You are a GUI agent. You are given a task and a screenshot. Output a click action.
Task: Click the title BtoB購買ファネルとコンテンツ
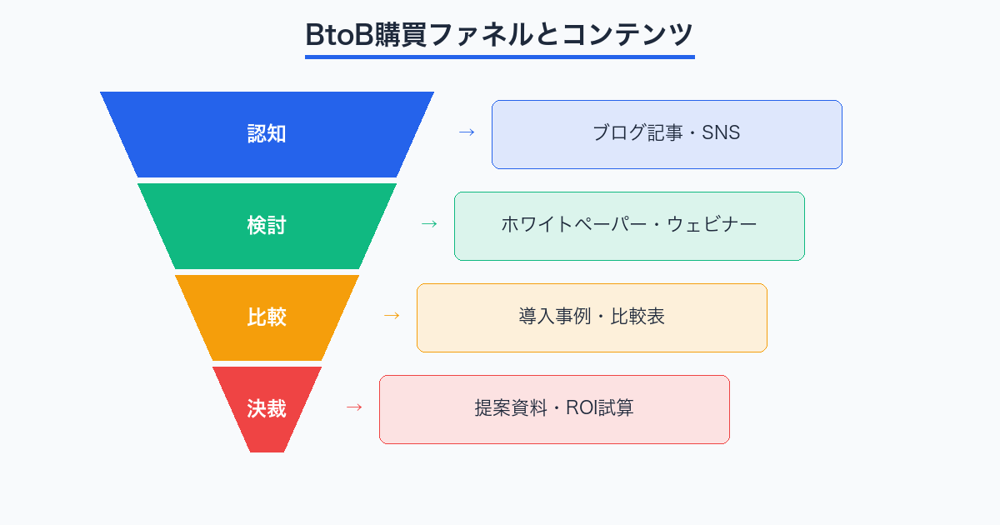[499, 35]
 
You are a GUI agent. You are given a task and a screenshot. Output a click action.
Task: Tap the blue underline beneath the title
[499, 57]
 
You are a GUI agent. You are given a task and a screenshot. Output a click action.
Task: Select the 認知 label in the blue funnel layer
[267, 134]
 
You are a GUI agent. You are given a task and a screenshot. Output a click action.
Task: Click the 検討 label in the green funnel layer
[267, 226]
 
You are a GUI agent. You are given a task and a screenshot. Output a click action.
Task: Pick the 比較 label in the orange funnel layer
[267, 317]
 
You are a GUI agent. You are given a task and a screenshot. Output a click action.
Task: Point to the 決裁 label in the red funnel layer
[267, 409]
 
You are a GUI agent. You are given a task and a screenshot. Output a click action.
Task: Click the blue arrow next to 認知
[467, 132]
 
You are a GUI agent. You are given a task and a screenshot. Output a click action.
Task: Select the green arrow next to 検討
[429, 224]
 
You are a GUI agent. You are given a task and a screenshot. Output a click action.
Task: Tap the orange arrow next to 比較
[392, 316]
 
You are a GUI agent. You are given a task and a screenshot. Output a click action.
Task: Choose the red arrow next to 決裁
[354, 407]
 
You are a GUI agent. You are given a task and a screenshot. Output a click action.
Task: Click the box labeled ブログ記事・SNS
[667, 134]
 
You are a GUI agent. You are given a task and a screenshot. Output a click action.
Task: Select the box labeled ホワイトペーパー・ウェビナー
[629, 226]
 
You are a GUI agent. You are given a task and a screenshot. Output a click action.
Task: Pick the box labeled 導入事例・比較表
[592, 317]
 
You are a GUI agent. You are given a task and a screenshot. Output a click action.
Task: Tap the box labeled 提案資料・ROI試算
[554, 409]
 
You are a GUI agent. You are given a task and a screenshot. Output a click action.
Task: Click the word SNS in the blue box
[721, 133]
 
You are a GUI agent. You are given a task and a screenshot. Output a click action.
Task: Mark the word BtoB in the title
[337, 35]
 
